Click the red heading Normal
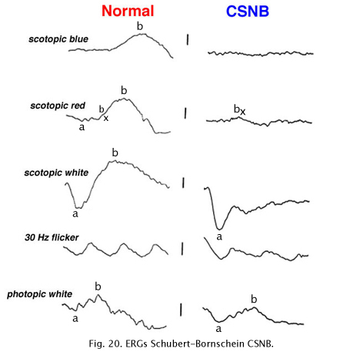coord(128,11)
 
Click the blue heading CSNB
coord(248,11)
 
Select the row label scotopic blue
coord(58,39)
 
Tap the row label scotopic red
coord(58,106)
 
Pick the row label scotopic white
coord(56,173)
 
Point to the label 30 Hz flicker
coord(52,237)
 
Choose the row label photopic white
coord(39,294)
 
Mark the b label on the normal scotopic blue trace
coord(140,26)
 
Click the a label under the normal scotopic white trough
coord(75,214)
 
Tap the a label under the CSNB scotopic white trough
coord(219,236)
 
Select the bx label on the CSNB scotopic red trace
coord(239,109)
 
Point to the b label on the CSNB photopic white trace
coord(254,299)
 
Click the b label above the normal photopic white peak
coord(98,287)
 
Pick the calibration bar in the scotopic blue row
coord(188,40)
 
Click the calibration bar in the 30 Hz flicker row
coord(182,249)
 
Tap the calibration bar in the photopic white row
coord(181,310)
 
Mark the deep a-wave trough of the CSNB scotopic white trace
coord(219,228)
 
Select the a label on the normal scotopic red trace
coord(82,127)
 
